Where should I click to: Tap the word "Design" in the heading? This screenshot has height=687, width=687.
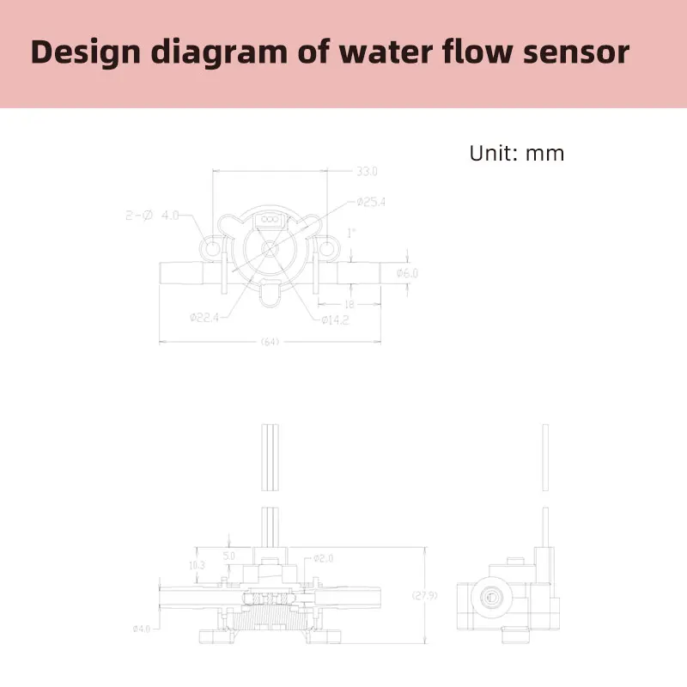tap(85, 53)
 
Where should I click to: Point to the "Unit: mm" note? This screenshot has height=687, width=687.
tap(516, 154)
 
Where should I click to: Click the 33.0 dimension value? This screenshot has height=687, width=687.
tap(367, 172)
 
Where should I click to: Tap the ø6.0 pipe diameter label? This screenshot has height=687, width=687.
tap(407, 273)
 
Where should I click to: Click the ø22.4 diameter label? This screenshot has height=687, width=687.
tap(205, 316)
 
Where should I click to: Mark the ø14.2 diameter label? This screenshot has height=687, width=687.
tap(337, 320)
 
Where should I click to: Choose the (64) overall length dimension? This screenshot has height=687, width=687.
tap(271, 343)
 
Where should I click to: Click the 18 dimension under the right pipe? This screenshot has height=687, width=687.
tap(350, 303)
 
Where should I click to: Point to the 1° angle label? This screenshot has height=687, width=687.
tap(350, 233)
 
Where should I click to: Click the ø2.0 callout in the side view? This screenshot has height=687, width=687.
tap(323, 558)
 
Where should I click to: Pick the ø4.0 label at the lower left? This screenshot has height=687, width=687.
tap(142, 629)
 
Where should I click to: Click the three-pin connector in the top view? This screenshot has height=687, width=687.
tap(271, 221)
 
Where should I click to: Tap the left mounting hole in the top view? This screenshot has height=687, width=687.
tap(212, 250)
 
